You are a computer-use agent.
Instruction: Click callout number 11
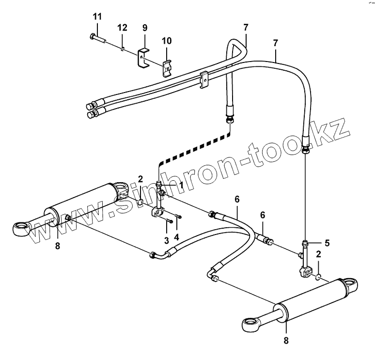(x=97, y=17)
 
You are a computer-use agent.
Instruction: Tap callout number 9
(x=144, y=28)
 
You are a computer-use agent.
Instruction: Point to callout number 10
(x=167, y=40)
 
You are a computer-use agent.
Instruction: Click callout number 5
(x=327, y=243)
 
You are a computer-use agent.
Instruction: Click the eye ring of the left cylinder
(x=20, y=228)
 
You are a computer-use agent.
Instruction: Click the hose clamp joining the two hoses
(x=204, y=78)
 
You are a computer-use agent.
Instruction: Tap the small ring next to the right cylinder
(x=317, y=277)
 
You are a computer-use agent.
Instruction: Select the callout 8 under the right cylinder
(x=286, y=341)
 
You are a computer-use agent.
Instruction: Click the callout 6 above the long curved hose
(x=237, y=199)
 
